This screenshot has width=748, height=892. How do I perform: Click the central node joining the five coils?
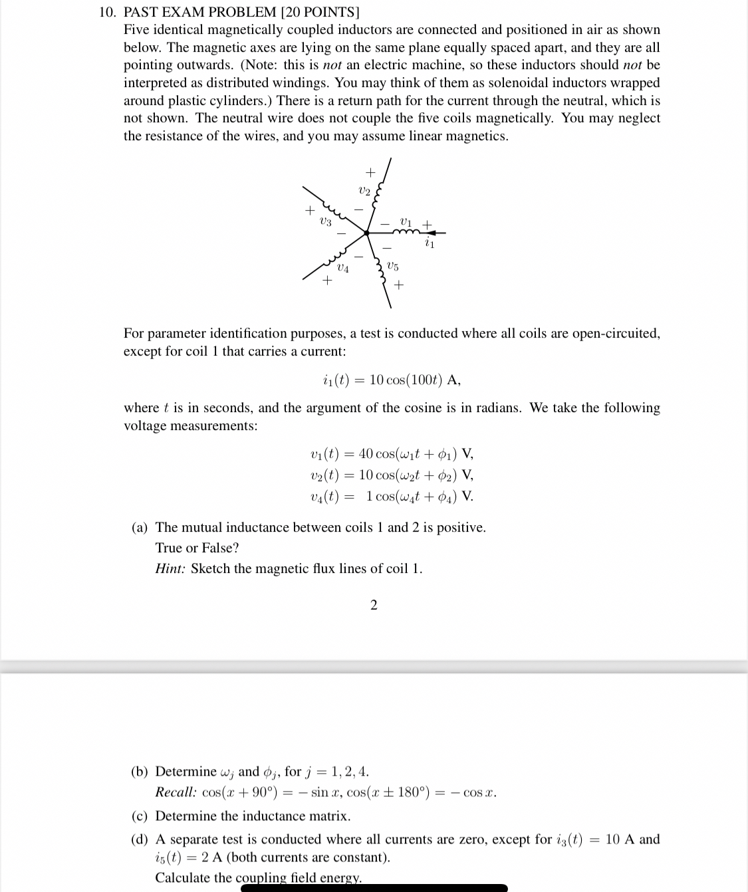point(366,233)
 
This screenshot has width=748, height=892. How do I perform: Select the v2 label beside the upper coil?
point(364,190)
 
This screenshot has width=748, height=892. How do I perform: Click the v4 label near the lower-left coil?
point(342,269)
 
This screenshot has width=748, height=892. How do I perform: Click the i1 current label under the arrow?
point(430,244)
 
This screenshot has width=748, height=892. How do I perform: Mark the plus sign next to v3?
point(309,211)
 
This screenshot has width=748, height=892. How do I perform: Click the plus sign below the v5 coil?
point(399,285)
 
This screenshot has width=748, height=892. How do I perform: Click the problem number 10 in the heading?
point(106,12)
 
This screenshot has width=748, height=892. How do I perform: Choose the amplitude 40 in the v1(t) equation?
point(366,454)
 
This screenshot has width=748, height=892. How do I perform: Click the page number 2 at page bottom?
point(373,604)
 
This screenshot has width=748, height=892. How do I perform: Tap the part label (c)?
point(140,816)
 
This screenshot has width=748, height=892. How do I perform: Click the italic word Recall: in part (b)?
point(176,792)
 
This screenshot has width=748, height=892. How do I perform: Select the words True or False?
point(197,548)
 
